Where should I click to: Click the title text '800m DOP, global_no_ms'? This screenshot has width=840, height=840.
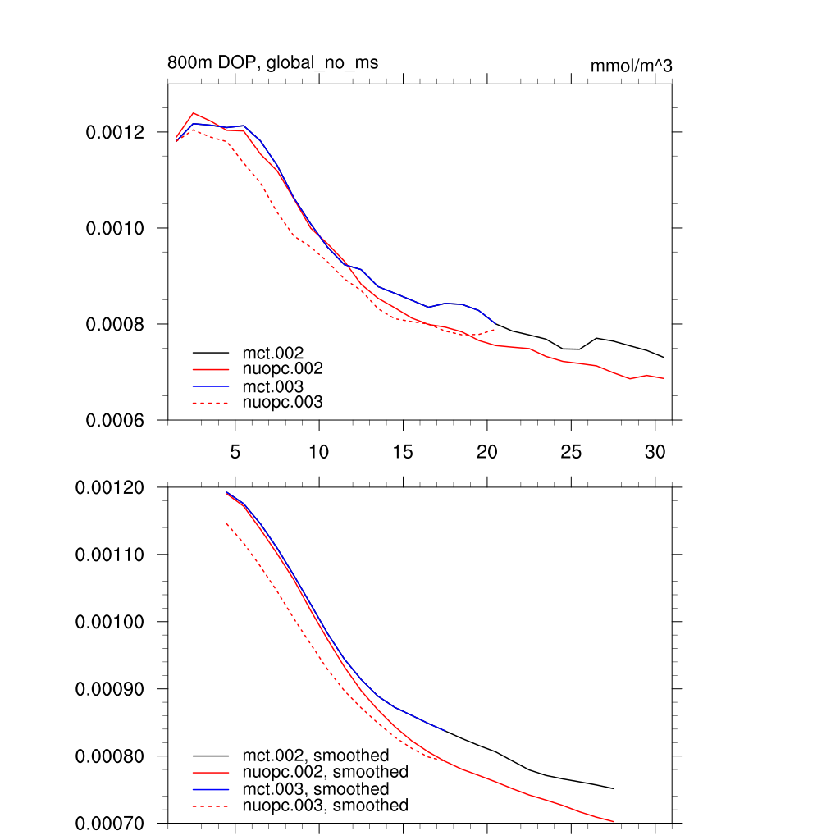click(272, 62)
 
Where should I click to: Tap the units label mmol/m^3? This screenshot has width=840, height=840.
click(631, 66)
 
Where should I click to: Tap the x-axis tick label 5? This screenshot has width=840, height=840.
click(235, 452)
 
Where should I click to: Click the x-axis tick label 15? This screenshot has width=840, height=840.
click(403, 452)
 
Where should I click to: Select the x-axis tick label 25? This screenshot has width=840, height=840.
click(571, 452)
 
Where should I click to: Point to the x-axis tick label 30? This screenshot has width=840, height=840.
click(655, 452)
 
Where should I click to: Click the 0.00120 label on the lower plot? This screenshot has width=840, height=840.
click(110, 487)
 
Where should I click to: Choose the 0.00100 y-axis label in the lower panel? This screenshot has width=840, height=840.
click(110, 622)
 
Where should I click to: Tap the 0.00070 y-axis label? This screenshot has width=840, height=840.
click(110, 823)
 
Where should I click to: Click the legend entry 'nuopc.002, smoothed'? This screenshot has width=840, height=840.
click(325, 772)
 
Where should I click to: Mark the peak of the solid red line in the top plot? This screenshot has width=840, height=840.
click(194, 113)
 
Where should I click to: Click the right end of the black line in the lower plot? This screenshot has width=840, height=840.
click(614, 788)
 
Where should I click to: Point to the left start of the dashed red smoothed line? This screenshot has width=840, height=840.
click(226, 523)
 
